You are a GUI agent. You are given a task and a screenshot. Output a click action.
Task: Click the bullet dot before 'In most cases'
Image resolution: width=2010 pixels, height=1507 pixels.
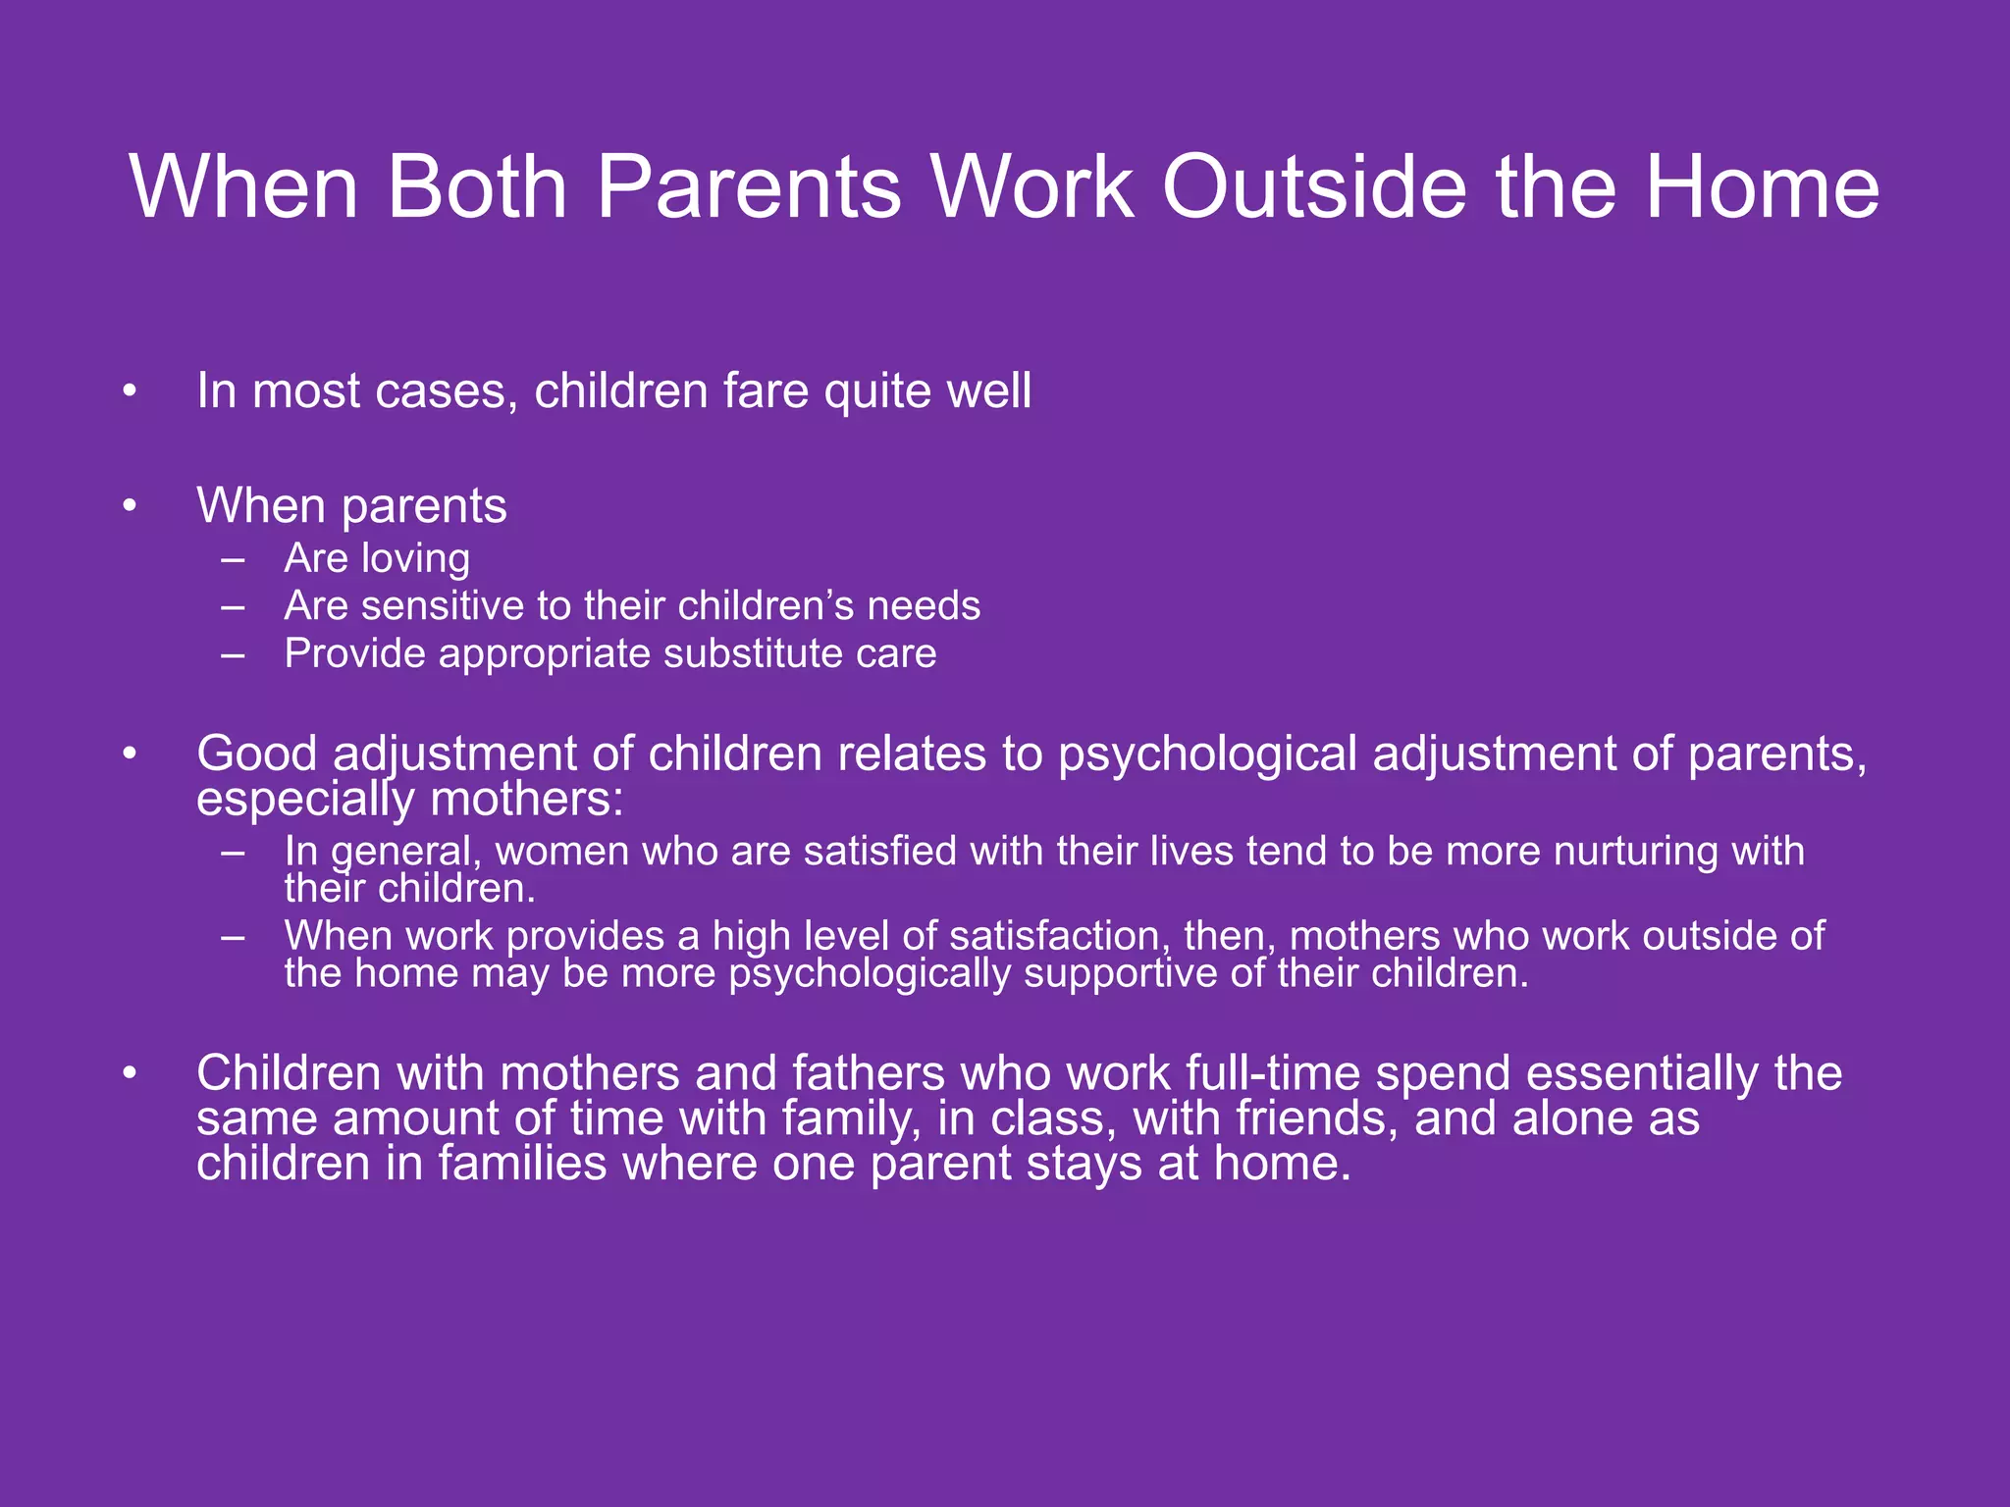coord(130,392)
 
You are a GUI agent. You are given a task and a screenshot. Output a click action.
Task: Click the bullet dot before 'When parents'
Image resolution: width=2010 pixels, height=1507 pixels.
coord(130,507)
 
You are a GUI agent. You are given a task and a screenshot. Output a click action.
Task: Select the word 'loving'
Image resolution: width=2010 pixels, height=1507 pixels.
coord(416,559)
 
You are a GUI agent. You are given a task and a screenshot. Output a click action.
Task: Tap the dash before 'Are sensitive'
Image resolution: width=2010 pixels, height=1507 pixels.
coord(233,607)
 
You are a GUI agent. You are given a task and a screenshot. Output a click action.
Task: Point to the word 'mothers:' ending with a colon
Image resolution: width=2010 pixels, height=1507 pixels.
coord(527,800)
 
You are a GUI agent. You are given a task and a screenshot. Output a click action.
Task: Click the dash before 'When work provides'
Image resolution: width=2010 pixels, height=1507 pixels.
coord(233,937)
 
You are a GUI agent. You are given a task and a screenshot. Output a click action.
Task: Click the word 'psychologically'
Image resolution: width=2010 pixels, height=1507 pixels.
coord(869,974)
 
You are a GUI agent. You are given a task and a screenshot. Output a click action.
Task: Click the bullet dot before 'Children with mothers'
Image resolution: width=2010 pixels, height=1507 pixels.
coord(130,1074)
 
